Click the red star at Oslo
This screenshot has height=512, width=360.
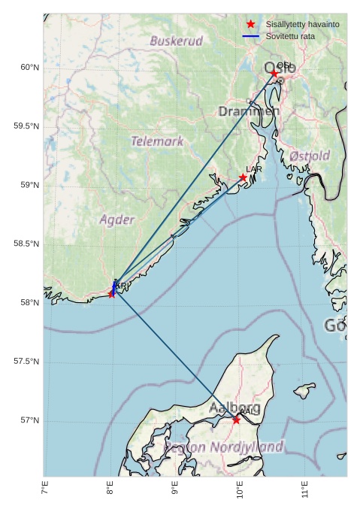[275, 73]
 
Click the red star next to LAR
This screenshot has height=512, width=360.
[243, 177]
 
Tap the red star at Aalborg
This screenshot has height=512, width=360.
[236, 420]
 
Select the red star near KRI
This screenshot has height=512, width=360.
[112, 293]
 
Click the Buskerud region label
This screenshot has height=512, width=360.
[176, 41]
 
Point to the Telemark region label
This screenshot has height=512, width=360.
[157, 141]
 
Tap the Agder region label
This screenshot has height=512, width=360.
[117, 220]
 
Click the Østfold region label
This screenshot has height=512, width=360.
[310, 156]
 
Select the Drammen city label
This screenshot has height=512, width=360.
[249, 111]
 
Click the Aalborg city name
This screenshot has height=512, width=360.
[234, 407]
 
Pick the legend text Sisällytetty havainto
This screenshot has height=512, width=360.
[302, 24]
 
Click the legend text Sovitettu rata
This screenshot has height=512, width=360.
[290, 36]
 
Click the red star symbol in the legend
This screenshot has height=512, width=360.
[250, 24]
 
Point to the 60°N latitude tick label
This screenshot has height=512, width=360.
[29, 68]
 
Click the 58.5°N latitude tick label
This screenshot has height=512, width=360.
[26, 244]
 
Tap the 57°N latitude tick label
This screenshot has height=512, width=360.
[29, 420]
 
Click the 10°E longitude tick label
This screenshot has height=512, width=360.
[240, 490]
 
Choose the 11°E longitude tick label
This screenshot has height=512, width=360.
[305, 490]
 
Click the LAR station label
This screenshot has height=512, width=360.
[254, 169]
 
